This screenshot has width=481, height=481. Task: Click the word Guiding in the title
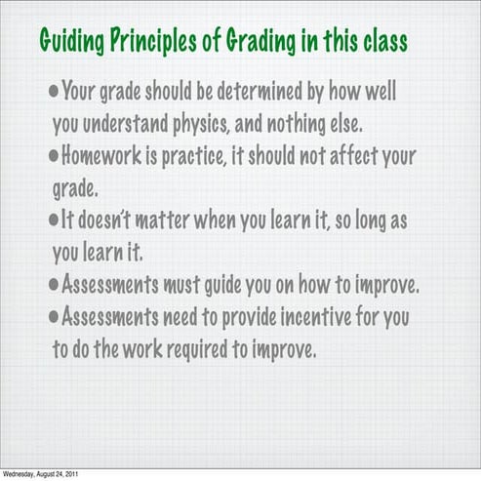point(69,42)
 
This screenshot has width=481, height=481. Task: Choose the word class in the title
point(382,42)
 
